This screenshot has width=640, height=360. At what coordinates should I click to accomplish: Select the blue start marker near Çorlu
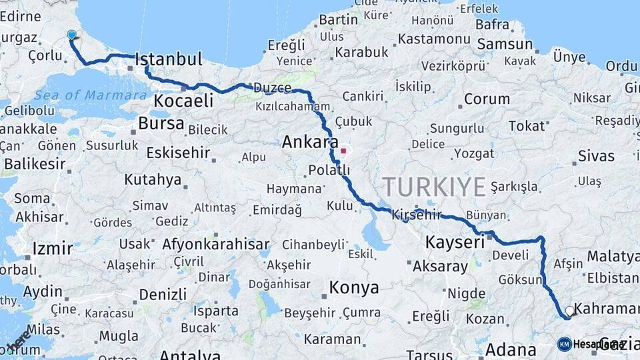(71, 35)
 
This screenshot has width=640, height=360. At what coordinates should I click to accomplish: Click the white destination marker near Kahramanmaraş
(569, 311)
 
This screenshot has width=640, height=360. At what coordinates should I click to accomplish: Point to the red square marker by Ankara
(343, 151)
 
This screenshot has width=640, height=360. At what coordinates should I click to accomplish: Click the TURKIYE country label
(434, 187)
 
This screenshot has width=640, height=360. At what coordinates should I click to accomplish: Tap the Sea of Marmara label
(91, 95)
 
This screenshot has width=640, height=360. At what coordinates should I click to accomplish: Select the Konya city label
(353, 288)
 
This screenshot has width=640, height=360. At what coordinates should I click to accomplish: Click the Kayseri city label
(455, 242)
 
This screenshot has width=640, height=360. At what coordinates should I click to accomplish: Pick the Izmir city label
(52, 249)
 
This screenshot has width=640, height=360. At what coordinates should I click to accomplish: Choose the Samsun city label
(504, 44)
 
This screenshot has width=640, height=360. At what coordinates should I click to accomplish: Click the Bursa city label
(161, 123)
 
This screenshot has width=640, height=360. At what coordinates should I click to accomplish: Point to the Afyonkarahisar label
(216, 244)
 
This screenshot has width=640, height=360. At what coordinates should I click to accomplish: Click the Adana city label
(511, 349)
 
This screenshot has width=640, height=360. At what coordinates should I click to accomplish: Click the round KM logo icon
(564, 344)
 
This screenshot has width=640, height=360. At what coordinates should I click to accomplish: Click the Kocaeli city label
(183, 101)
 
